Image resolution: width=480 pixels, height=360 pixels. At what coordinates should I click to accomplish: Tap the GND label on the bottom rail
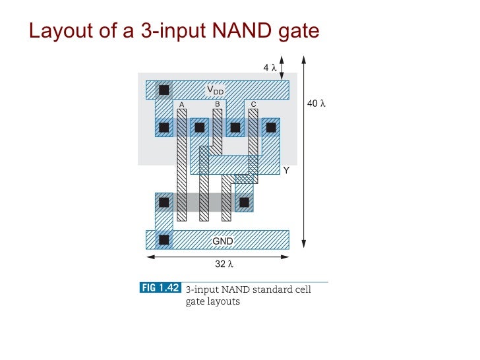[x=222, y=241]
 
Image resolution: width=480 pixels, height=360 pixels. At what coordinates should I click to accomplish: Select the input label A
[x=181, y=104]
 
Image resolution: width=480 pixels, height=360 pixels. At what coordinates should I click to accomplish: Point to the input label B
[x=217, y=104]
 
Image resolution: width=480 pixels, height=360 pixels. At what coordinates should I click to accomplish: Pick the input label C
[x=253, y=104]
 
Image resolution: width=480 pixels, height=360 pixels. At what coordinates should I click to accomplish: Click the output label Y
[x=286, y=170]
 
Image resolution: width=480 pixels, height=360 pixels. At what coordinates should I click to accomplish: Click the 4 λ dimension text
[x=268, y=67]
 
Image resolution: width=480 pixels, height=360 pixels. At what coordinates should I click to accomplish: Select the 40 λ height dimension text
[x=317, y=104]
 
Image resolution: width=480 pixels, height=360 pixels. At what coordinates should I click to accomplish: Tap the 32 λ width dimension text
[x=225, y=264]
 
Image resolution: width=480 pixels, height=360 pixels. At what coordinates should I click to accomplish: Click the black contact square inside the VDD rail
[x=164, y=89]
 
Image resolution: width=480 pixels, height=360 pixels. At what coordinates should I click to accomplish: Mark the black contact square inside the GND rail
[x=164, y=239]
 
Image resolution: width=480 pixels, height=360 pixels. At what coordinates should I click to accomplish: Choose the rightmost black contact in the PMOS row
[x=270, y=127]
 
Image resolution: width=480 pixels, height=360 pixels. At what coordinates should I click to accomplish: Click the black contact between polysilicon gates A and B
[x=199, y=127]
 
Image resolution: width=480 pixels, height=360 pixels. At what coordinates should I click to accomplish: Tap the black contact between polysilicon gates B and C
[x=235, y=127]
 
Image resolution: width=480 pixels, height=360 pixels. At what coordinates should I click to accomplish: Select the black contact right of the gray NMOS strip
[x=244, y=202]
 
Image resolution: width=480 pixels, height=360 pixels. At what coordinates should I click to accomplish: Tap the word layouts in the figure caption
[x=225, y=301]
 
